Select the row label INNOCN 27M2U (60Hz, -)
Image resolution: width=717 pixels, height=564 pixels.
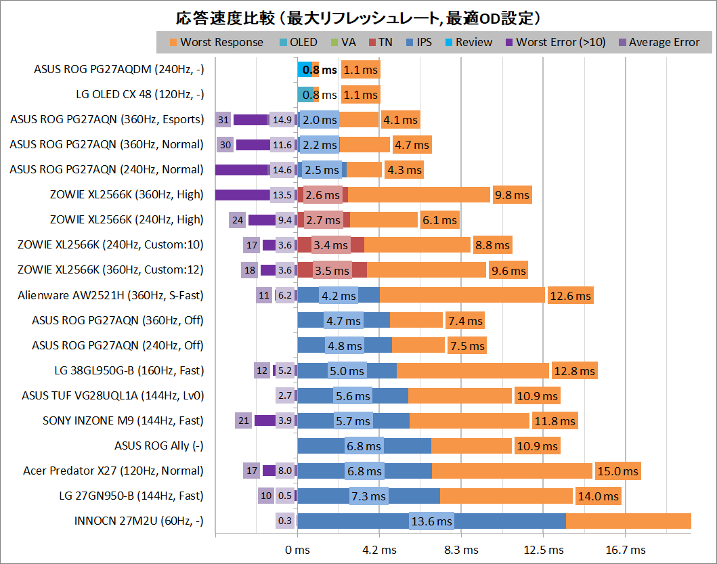(139, 521)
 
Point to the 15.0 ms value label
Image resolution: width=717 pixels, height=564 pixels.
(617, 471)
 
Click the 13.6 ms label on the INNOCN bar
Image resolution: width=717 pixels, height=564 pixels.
(431, 521)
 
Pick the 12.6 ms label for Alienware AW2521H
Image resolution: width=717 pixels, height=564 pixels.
(570, 295)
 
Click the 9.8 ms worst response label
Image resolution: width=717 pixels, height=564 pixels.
(512, 195)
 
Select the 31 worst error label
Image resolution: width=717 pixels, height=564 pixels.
(223, 120)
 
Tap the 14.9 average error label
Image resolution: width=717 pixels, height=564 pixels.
(281, 120)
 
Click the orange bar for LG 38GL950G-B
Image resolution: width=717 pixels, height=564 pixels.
(472, 370)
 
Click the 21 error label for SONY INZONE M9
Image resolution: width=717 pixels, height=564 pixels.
(244, 420)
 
